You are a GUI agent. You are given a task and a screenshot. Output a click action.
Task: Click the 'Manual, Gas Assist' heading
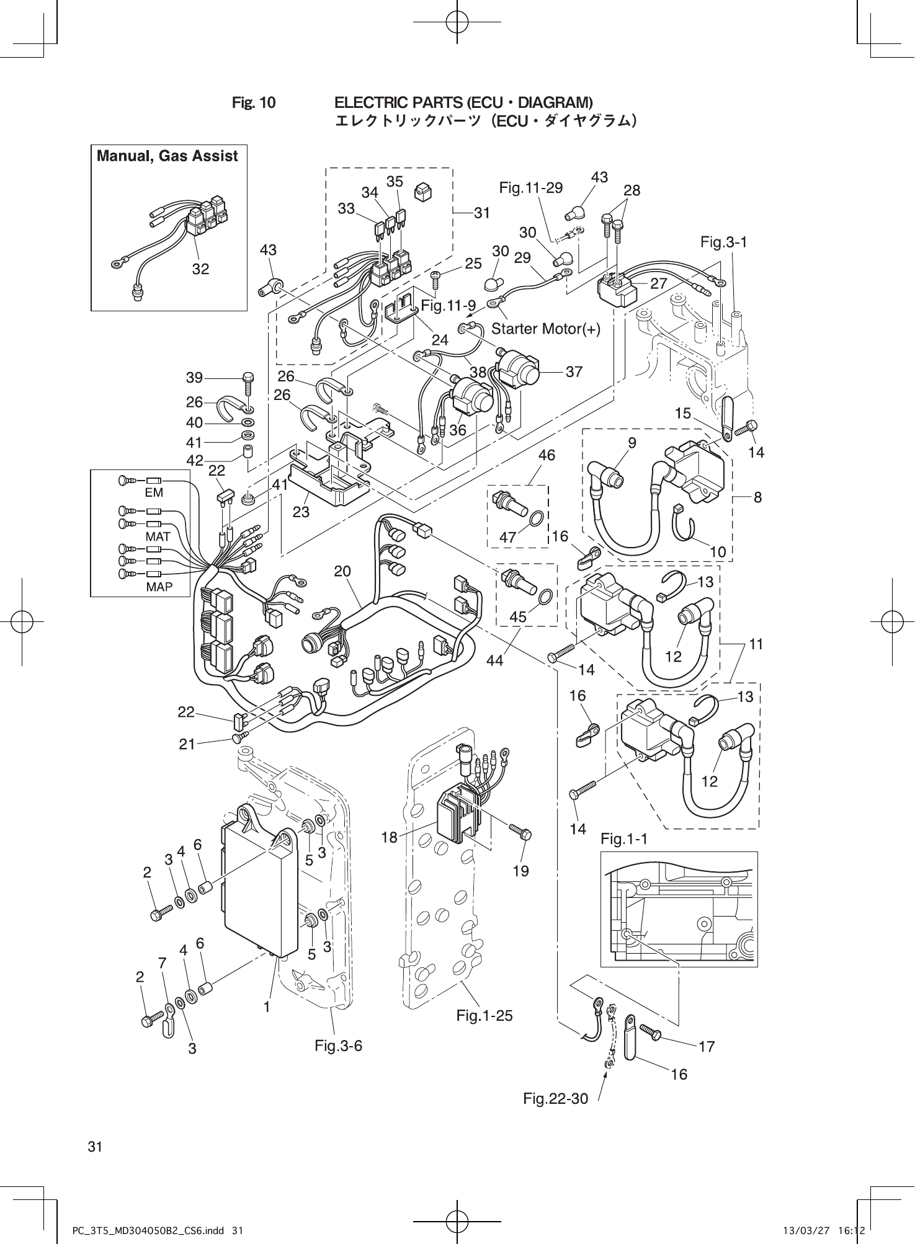pyautogui.click(x=167, y=156)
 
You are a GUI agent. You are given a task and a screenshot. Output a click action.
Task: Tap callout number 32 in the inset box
pyautogui.click(x=200, y=269)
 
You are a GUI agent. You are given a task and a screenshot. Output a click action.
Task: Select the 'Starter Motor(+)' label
pyautogui.click(x=546, y=329)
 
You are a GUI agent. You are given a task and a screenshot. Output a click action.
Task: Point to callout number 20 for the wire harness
pyautogui.click(x=342, y=571)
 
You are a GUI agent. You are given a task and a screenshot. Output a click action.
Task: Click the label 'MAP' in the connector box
pyautogui.click(x=159, y=587)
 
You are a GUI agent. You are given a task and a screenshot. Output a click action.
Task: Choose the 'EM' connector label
pyautogui.click(x=154, y=492)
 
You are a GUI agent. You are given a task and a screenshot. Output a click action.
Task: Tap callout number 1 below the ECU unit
pyautogui.click(x=267, y=1007)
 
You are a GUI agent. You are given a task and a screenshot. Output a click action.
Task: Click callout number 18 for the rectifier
pyautogui.click(x=389, y=838)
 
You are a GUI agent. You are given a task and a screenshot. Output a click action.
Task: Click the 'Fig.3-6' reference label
pyautogui.click(x=338, y=1046)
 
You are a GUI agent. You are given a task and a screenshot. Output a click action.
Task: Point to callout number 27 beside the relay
pyautogui.click(x=658, y=283)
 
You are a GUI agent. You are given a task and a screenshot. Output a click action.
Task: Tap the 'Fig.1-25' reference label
pyautogui.click(x=484, y=1016)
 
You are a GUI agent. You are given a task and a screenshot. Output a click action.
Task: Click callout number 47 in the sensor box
pyautogui.click(x=508, y=538)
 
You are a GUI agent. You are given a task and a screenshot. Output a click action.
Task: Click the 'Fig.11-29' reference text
pyautogui.click(x=530, y=187)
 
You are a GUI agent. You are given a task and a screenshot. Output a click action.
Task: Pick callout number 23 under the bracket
pyautogui.click(x=301, y=512)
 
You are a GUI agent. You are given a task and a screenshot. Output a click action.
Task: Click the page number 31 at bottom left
pyautogui.click(x=95, y=1147)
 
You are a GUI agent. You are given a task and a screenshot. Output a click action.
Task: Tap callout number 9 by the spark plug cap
pyautogui.click(x=632, y=442)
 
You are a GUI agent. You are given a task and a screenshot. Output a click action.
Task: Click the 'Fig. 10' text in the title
pyautogui.click(x=254, y=102)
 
